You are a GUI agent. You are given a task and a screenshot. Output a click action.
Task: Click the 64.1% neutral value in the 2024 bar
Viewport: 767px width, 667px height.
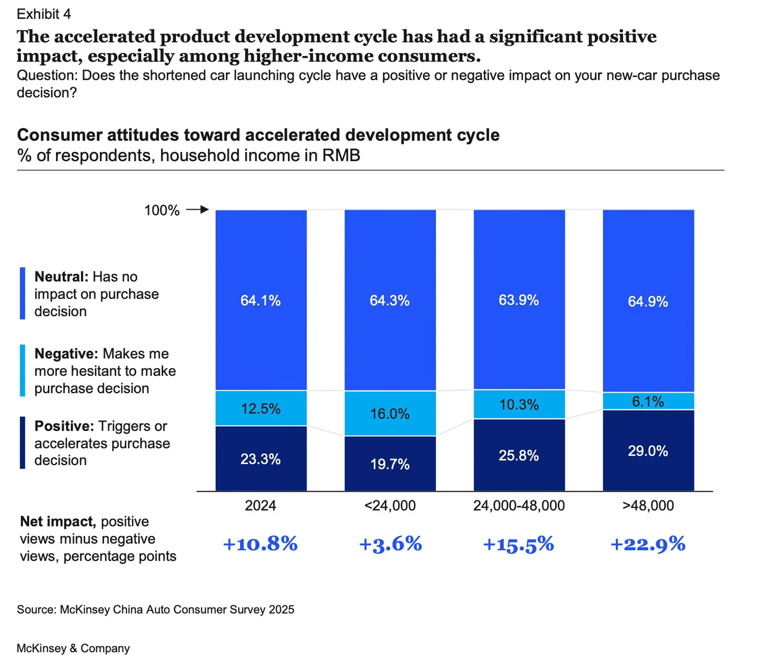260,301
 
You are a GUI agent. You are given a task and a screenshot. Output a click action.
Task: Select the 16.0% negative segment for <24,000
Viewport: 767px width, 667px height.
390,414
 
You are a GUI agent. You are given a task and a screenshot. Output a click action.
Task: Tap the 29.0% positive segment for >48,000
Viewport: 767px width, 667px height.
648,451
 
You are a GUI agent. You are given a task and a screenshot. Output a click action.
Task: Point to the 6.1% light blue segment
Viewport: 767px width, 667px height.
648,401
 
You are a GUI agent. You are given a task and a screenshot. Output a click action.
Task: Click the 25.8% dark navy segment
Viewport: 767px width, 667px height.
519,455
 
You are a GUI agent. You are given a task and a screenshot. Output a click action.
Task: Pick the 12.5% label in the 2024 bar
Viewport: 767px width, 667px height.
260,409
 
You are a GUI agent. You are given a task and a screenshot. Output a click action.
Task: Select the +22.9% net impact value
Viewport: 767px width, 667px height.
648,544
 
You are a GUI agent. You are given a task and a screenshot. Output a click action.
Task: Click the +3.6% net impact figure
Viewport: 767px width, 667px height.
390,544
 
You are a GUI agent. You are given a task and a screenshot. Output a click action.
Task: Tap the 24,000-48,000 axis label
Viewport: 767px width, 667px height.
519,506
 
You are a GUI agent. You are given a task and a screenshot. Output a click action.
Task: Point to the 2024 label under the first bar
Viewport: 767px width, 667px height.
260,506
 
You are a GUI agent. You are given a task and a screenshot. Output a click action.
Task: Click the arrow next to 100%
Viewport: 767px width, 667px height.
198,210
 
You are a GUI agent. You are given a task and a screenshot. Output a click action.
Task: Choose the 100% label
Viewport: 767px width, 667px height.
162,211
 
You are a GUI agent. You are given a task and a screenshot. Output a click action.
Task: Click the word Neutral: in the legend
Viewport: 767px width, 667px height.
61,277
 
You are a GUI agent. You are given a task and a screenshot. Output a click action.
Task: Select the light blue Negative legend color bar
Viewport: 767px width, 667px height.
22,371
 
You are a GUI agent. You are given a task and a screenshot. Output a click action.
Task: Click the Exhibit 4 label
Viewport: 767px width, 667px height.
44,14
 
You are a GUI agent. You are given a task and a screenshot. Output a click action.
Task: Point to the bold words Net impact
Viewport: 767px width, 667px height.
57,522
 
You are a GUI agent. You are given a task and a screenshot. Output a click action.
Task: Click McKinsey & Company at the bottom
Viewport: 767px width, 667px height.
73,648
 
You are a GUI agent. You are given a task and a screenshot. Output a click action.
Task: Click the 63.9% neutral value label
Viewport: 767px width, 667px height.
519,300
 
